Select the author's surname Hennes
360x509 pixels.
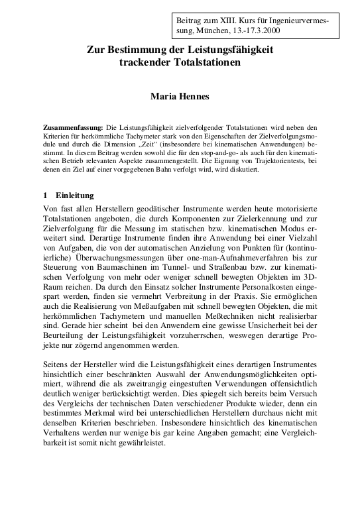[x=196, y=97]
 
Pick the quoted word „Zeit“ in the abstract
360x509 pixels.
[x=150, y=144]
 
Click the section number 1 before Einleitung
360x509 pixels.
[x=44, y=196]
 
